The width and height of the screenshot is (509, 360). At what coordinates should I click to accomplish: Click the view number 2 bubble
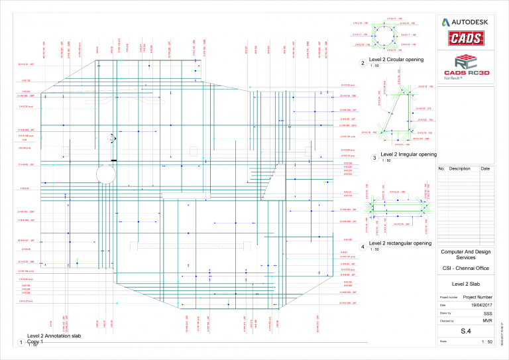[362, 64]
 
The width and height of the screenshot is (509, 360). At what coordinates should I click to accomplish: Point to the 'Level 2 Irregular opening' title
[409, 154]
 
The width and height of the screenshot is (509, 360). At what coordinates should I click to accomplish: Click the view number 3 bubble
[374, 158]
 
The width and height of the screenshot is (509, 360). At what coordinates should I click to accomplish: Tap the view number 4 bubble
[362, 247]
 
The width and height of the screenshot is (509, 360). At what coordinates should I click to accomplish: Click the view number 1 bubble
[21, 343]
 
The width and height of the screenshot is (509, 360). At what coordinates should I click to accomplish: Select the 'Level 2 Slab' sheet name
[465, 284]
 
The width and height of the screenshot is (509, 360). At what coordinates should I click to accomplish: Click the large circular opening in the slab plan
[106, 175]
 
